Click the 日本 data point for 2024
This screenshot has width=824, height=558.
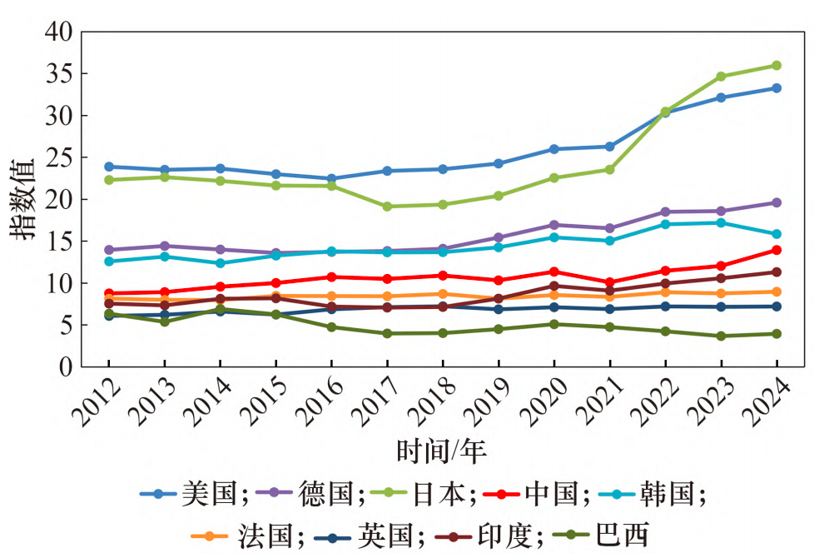777,65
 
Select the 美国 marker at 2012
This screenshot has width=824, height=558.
109,167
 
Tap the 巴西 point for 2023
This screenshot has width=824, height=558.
721,336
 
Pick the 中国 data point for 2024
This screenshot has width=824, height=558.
777,250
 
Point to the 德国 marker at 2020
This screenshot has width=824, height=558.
553,225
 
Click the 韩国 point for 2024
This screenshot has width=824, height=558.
777,234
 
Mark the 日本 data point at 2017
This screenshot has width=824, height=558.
387,207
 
